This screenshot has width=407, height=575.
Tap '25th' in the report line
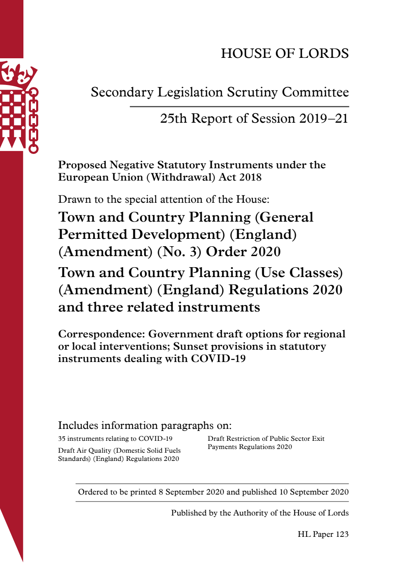(x=174, y=119)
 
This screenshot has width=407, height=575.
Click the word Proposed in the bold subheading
(x=82, y=165)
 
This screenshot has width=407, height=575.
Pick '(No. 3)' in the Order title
(x=179, y=252)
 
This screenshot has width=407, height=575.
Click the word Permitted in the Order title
(x=93, y=234)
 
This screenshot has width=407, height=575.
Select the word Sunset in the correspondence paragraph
(x=190, y=346)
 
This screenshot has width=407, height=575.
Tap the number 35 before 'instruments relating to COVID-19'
(x=62, y=439)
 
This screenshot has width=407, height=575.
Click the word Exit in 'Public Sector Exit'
(x=318, y=439)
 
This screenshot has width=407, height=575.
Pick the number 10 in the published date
(x=283, y=492)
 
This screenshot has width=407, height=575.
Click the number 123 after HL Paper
(x=342, y=534)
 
